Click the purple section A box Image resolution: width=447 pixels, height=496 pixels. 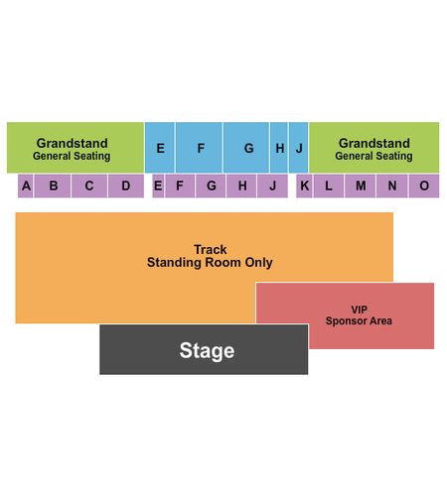pyautogui.click(x=26, y=186)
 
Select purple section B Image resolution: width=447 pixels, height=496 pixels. pyautogui.click(x=53, y=186)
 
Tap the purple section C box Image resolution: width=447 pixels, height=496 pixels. pyautogui.click(x=89, y=186)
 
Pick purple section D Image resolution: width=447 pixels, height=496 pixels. pyautogui.click(x=126, y=186)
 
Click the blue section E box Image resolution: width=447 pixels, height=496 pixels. pyautogui.click(x=160, y=148)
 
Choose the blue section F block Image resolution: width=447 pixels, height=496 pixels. pyautogui.click(x=199, y=148)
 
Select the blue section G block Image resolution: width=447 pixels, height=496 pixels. pyautogui.click(x=246, y=148)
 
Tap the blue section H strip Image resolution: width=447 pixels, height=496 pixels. pyautogui.click(x=279, y=148)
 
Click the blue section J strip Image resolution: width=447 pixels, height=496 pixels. pyautogui.click(x=299, y=148)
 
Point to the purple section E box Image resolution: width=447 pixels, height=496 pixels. pyautogui.click(x=158, y=186)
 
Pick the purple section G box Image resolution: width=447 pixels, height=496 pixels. pyautogui.click(x=211, y=186)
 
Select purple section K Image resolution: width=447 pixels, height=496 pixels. pyautogui.click(x=304, y=186)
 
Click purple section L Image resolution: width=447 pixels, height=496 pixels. pyautogui.click(x=329, y=186)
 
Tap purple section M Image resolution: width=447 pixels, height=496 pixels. pyautogui.click(x=361, y=186)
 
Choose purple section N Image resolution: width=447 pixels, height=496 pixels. pyautogui.click(x=392, y=186)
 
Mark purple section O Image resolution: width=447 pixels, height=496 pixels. pyautogui.click(x=424, y=186)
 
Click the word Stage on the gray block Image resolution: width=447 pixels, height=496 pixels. pyautogui.click(x=207, y=351)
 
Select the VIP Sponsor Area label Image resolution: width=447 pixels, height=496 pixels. pyautogui.click(x=359, y=315)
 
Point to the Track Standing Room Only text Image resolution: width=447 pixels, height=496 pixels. pyautogui.click(x=210, y=256)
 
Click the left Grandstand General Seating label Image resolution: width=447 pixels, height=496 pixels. pyautogui.click(x=72, y=149)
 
